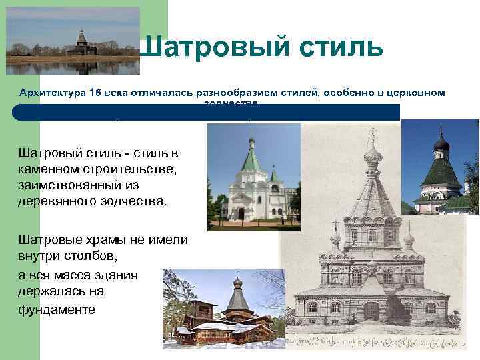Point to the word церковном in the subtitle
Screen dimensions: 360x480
[x=415, y=93]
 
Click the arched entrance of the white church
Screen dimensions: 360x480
[x=241, y=213]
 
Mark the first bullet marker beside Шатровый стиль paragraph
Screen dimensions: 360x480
[x=13, y=153]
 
